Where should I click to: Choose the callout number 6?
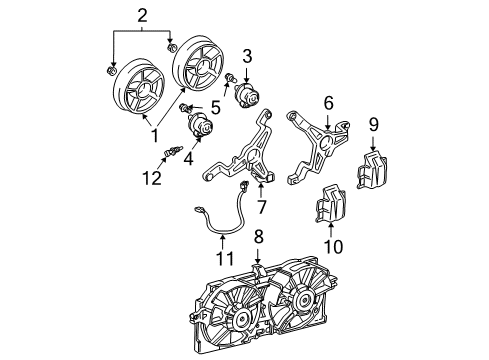[326, 103]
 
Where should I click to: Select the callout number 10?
[333, 243]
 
